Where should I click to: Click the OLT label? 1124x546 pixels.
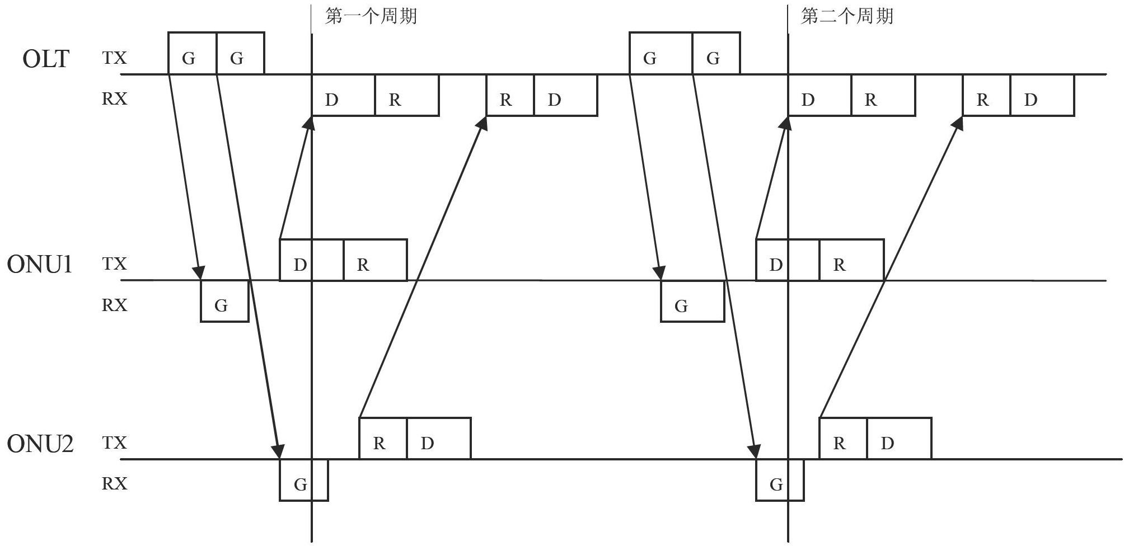[x=46, y=59]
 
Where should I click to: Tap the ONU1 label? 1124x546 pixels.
[x=40, y=264]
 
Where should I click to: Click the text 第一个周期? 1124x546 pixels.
[x=371, y=16]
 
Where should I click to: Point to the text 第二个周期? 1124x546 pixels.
[x=847, y=16]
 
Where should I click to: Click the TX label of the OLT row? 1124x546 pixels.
[x=114, y=58]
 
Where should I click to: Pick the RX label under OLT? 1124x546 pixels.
[x=114, y=99]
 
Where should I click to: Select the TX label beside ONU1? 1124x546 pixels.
[x=114, y=263]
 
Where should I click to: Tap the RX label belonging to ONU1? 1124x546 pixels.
[x=114, y=305]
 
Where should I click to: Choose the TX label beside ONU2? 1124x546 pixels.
[x=114, y=443]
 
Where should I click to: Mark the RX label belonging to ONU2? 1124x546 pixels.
[x=114, y=483]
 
